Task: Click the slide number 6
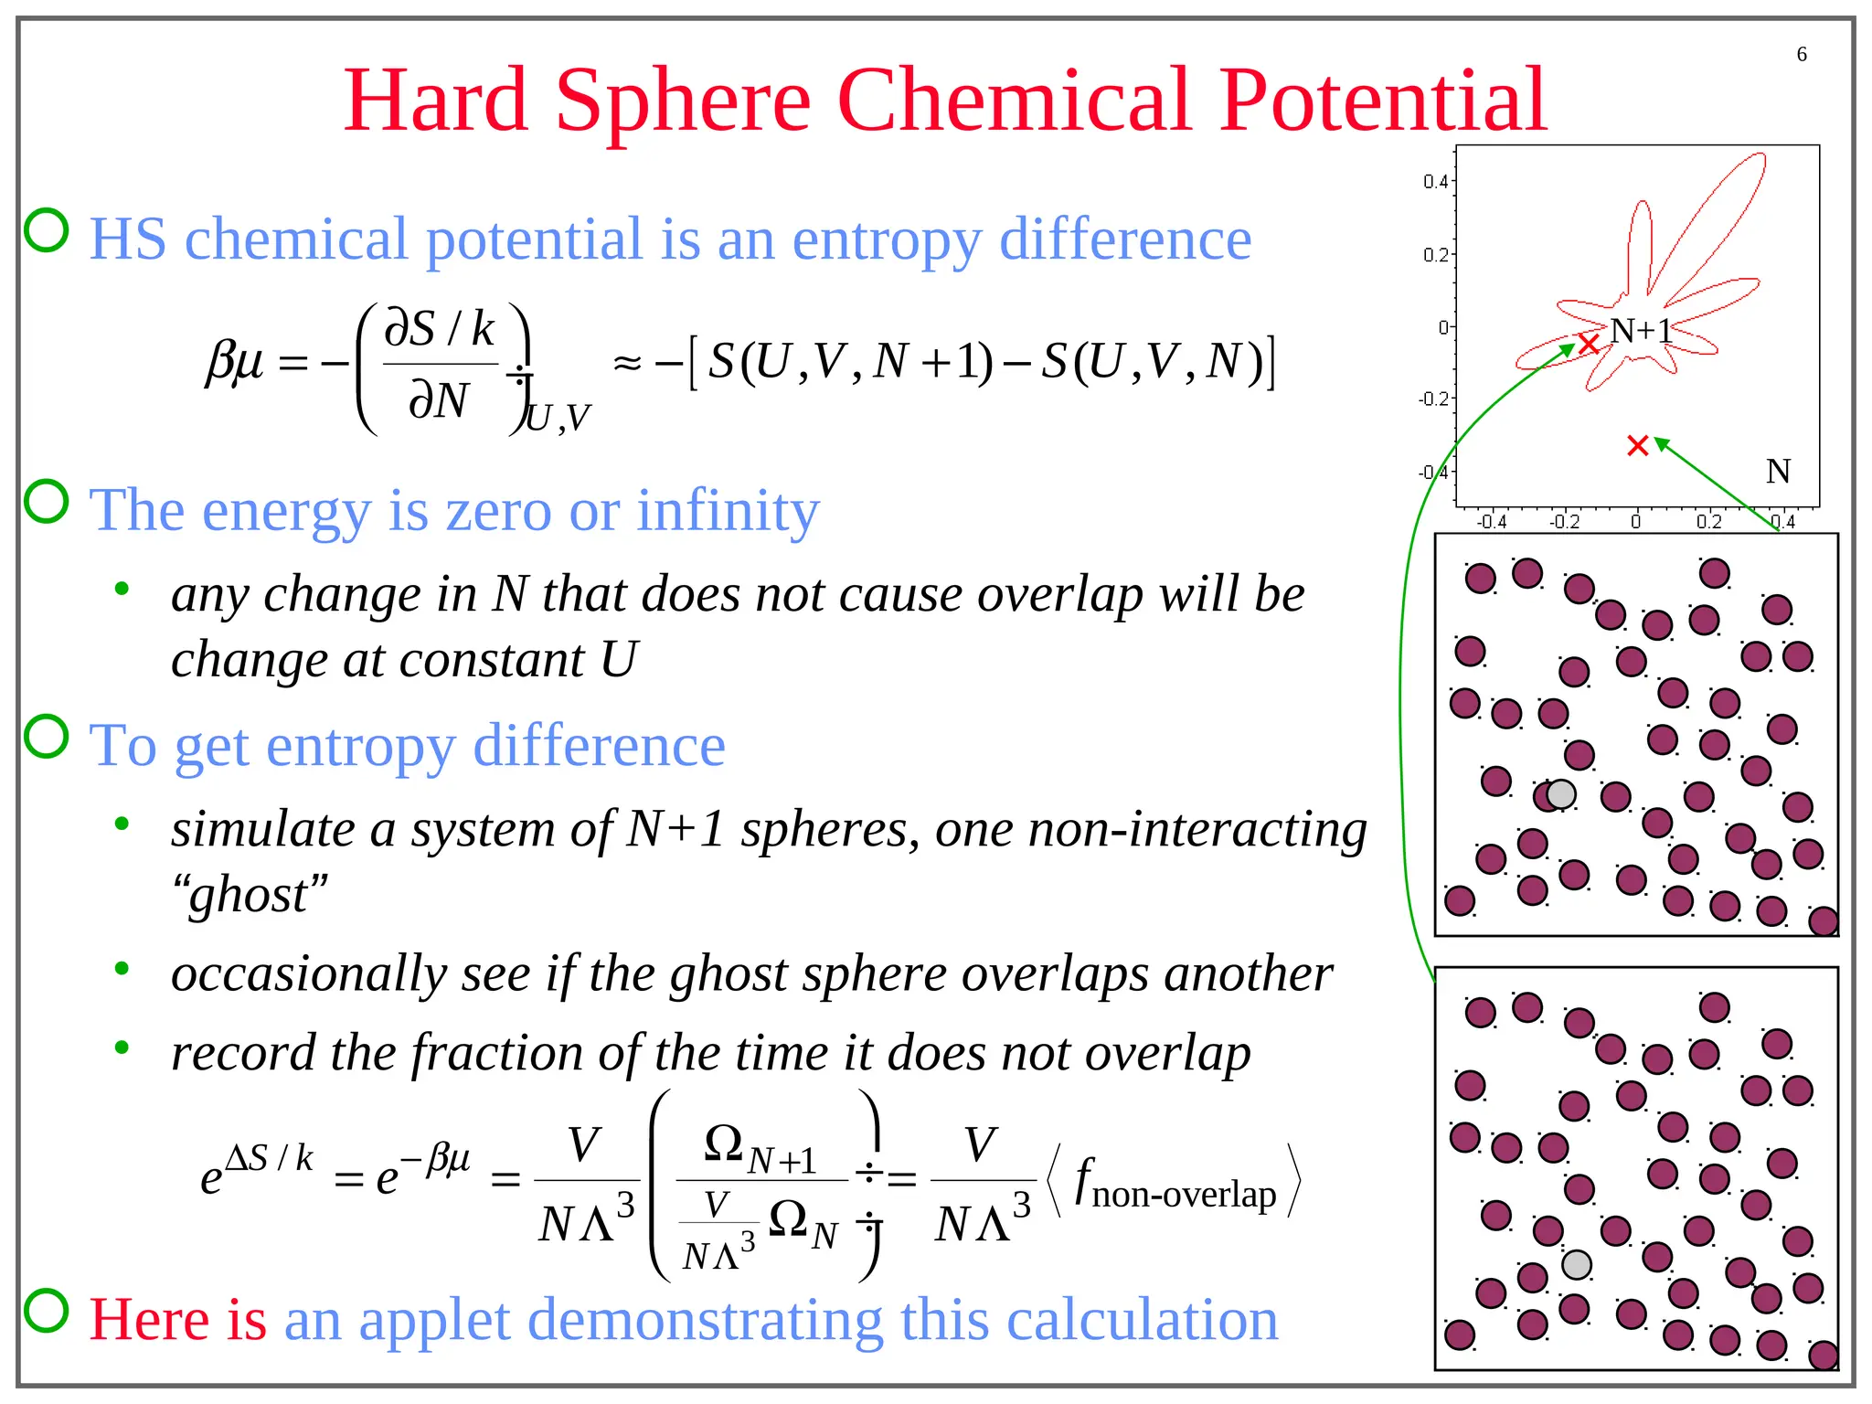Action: coord(1801,54)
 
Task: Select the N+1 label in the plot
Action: coord(1641,330)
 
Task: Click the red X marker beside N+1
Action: coord(1589,344)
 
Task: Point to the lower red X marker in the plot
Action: coord(1637,445)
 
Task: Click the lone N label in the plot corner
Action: coord(1777,472)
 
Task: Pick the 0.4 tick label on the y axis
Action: coord(1434,181)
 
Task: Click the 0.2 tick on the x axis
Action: coord(1707,522)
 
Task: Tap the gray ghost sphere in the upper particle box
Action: coord(1561,793)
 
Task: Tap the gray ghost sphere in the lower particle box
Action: coord(1576,1265)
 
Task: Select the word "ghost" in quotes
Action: coord(249,894)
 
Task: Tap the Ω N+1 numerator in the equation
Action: coord(760,1148)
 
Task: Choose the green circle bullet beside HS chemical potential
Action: coord(46,229)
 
